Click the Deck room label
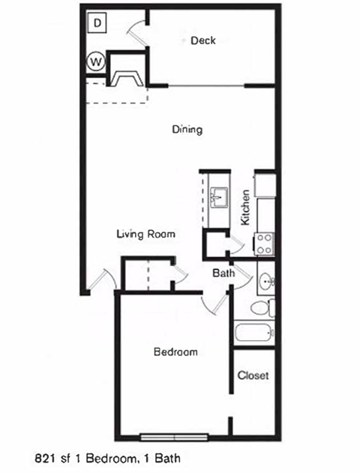pos(202,40)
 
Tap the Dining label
pos(187,130)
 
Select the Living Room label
pos(145,234)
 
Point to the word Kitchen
pos(244,207)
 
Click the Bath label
pos(223,274)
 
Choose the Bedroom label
pos(175,352)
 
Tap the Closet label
pos(253,375)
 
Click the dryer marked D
pos(98,22)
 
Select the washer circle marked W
pos(96,61)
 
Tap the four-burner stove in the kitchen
pos(264,241)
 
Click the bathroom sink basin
pos(265,283)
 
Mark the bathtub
pos(254,332)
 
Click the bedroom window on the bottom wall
pos(174,436)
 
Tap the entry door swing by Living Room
pos(100,280)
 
